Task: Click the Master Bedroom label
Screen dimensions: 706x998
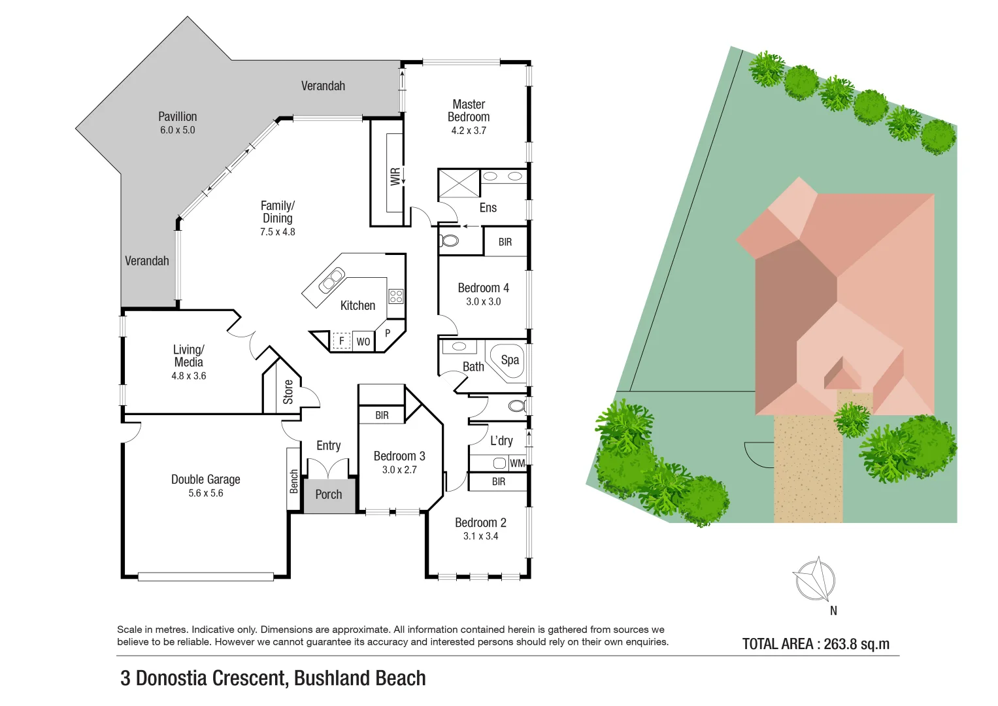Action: point(469,110)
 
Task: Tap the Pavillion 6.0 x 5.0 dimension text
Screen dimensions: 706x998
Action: point(178,130)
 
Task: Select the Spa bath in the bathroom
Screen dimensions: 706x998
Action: point(509,360)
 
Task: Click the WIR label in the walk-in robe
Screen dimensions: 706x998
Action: point(395,176)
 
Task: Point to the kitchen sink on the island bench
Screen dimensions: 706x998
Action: point(331,280)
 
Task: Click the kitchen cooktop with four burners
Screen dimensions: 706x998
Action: point(396,296)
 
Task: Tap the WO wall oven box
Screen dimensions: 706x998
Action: point(363,341)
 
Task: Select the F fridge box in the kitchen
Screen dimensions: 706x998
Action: point(341,341)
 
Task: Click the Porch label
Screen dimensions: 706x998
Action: point(328,495)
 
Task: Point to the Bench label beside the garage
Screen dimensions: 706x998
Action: point(294,481)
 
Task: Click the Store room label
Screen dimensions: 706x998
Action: point(288,392)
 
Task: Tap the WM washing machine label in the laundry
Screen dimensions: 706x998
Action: point(517,463)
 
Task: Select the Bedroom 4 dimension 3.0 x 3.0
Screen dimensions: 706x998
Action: point(483,302)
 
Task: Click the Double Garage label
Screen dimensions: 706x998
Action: point(205,480)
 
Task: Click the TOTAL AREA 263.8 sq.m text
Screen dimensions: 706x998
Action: point(816,644)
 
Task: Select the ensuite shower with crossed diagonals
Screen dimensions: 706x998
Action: point(459,183)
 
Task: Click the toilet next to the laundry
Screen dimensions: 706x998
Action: point(516,406)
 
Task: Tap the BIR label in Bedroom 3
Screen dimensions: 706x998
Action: point(382,415)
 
